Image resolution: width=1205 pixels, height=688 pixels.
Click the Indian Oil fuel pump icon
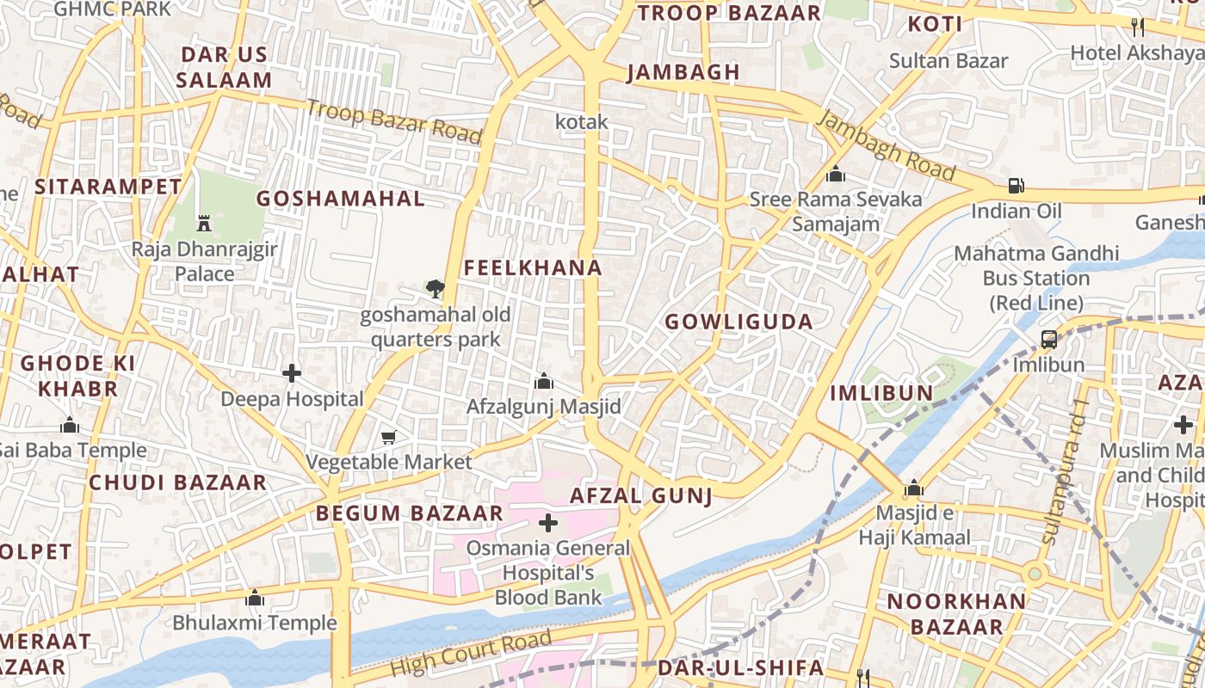[x=1017, y=185]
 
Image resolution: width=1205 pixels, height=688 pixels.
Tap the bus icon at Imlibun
[x=1048, y=339]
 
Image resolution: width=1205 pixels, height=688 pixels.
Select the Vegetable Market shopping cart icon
[x=388, y=438]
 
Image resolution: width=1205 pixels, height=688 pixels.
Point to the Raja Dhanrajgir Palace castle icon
[x=204, y=223]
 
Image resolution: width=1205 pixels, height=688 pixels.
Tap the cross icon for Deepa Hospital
[x=292, y=373]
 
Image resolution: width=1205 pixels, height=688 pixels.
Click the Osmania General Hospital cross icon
[x=548, y=522]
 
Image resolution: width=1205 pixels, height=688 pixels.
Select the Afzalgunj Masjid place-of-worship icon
[x=543, y=380]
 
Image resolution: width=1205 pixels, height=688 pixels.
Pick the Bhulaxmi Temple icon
[x=255, y=597]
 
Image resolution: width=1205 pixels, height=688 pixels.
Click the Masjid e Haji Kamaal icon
[x=914, y=488]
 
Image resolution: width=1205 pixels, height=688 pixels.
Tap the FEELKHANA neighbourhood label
[x=533, y=267]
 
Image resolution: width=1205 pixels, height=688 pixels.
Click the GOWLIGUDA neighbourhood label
[x=738, y=322]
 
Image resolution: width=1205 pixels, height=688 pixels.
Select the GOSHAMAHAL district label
[x=341, y=199]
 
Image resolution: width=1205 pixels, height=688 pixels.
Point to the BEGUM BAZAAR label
[x=409, y=513]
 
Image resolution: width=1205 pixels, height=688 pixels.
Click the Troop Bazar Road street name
[x=393, y=121]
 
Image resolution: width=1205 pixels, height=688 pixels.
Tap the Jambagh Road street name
[x=886, y=145]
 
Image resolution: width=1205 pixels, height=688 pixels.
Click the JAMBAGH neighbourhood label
[x=683, y=72]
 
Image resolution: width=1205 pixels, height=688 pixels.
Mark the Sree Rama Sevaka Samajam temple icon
[x=835, y=175]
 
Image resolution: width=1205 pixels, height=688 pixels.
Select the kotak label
[x=582, y=122]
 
